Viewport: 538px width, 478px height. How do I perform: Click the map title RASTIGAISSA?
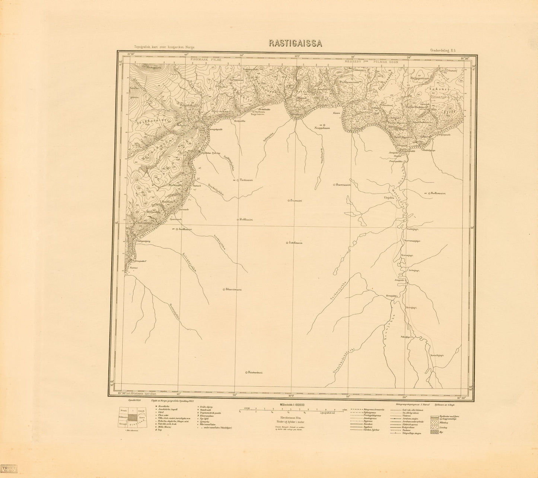pos(296,43)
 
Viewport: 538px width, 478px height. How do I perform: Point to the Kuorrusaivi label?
pos(344,184)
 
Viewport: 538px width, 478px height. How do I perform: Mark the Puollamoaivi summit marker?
pos(430,193)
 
